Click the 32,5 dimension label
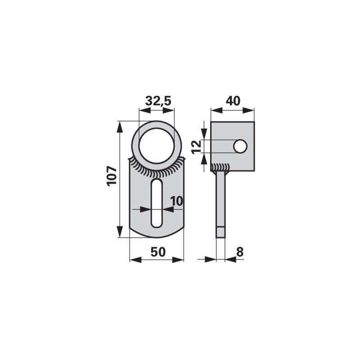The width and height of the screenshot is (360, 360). coord(158,101)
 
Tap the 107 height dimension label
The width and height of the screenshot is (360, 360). coord(112,176)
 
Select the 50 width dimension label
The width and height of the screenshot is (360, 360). coord(158,252)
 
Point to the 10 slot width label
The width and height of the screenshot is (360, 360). coord(176,201)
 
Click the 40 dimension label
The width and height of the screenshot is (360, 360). coord(233,101)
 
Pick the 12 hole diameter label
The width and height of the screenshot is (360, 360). coord(197,147)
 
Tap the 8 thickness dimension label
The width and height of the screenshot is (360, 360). coord(240,252)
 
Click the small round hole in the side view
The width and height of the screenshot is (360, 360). coord(240,146)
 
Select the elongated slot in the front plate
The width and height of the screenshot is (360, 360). coord(157,203)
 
